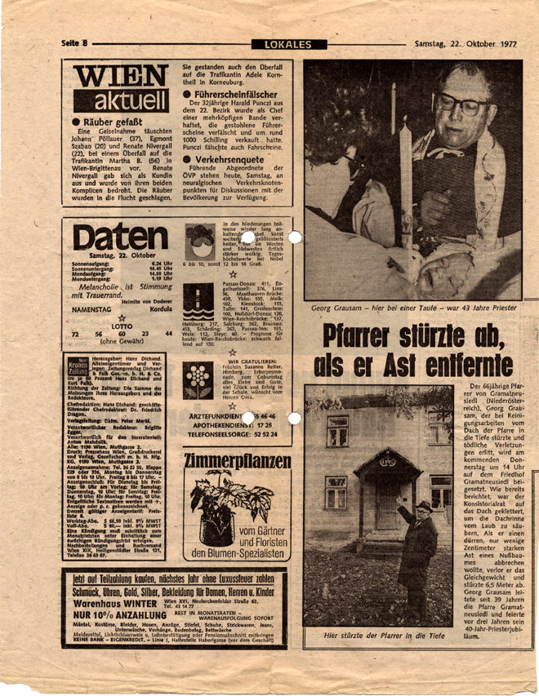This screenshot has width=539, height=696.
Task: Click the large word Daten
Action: point(121,237)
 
